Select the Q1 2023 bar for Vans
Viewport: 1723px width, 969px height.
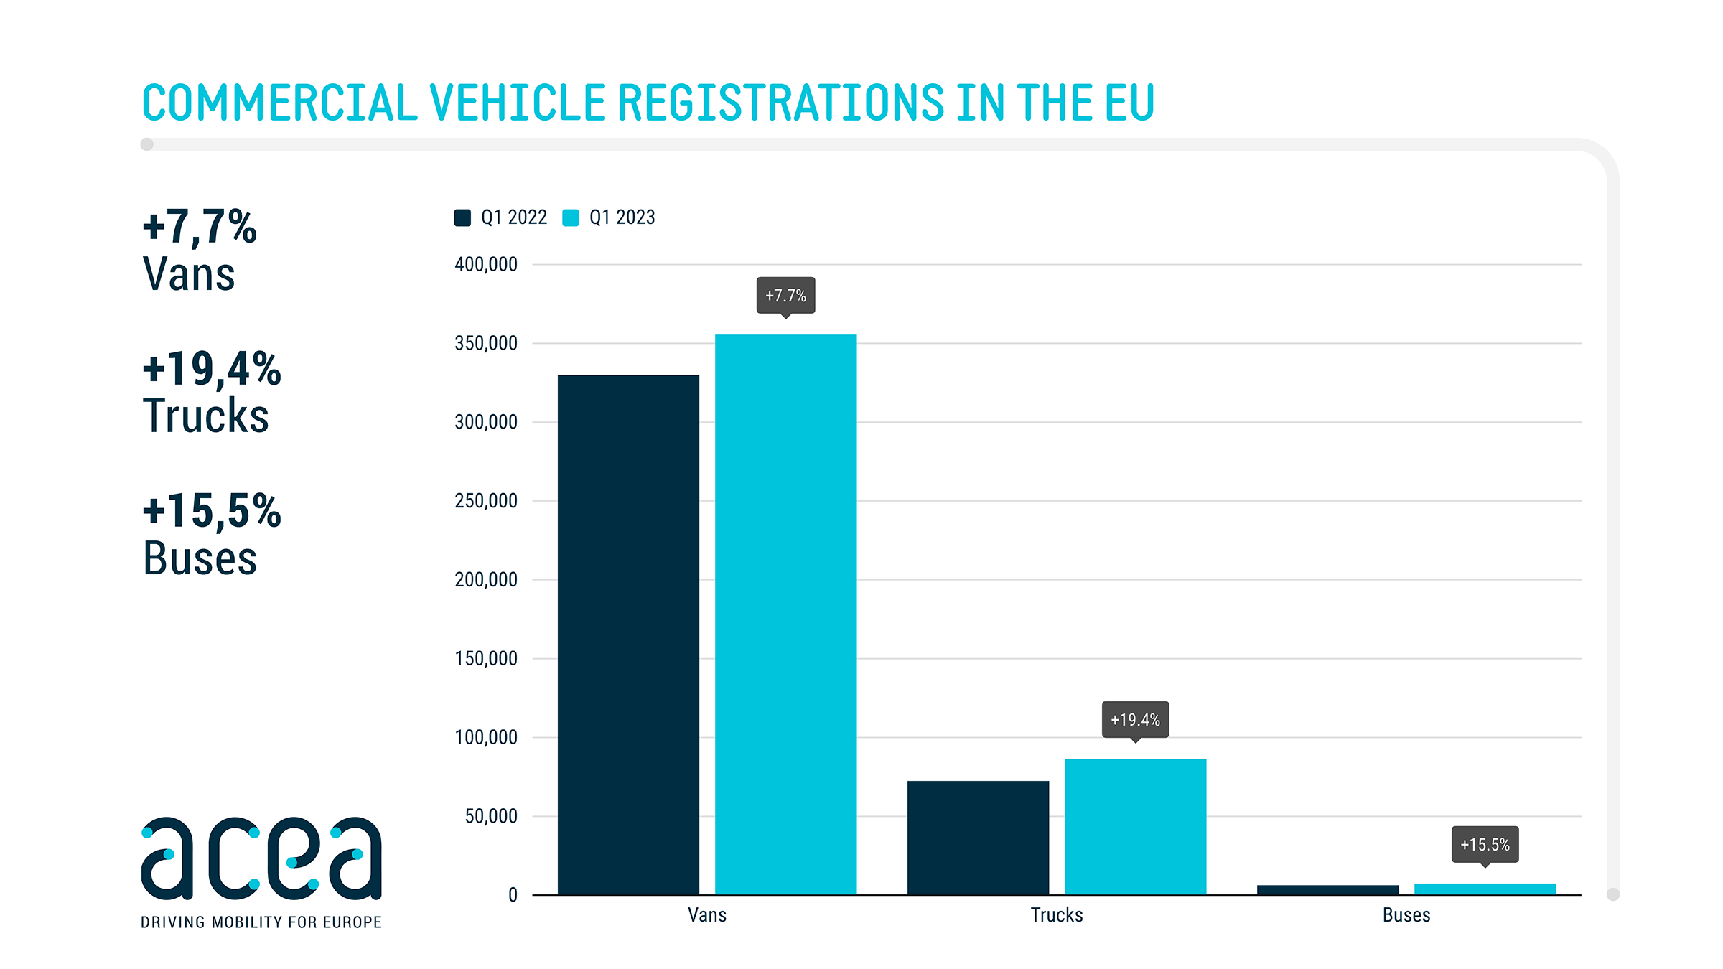785,614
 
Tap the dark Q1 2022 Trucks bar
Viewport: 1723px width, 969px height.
978,837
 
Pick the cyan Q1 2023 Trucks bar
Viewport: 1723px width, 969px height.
1135,826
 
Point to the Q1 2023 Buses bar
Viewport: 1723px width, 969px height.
1485,889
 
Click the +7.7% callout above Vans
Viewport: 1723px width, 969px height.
785,295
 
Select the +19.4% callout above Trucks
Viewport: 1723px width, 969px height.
1135,719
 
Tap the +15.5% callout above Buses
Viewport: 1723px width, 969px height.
1485,844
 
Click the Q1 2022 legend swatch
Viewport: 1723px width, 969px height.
462,217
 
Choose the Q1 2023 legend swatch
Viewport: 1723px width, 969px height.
571,217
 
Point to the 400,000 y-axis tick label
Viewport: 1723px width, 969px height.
486,264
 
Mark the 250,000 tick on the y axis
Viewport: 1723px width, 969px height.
486,500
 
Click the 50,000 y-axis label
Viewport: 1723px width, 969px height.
491,816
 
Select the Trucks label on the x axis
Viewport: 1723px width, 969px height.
1057,915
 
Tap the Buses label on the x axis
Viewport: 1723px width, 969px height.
1406,915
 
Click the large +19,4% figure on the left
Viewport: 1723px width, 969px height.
212,369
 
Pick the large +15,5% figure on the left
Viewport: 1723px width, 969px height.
212,511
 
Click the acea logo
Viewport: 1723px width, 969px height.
261,858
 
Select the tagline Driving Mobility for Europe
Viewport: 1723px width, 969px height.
261,922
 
